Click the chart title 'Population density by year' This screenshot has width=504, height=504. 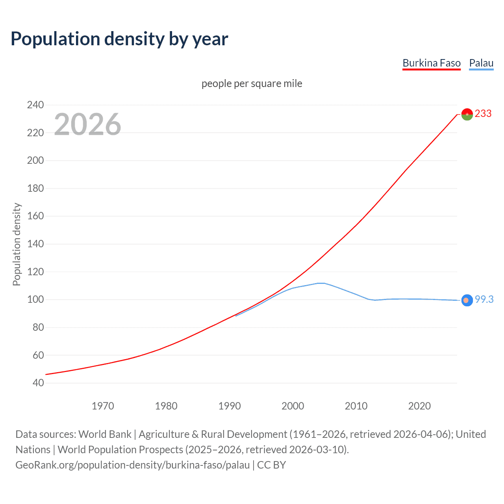point(119,39)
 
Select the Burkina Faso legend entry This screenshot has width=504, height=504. point(431,63)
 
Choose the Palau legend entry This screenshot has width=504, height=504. point(481,63)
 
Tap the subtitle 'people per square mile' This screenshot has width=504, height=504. point(252,83)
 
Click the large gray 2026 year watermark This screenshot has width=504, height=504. point(87,124)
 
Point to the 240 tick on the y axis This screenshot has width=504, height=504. point(35,105)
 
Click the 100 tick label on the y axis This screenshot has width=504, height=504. point(35,300)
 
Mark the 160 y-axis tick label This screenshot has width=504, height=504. point(35,216)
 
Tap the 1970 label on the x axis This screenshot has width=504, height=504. point(103,406)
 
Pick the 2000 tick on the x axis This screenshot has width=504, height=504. point(293,406)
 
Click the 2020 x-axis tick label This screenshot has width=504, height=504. point(419,406)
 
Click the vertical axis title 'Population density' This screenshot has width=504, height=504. point(17,244)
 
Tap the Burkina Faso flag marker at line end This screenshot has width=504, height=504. point(467,114)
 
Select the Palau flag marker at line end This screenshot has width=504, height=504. point(467,300)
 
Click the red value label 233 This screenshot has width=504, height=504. point(483,114)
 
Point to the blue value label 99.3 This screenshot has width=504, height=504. point(484,300)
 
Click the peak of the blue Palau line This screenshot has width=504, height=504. point(321,283)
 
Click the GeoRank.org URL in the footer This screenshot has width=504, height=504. point(132,465)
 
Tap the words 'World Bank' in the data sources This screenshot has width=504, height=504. point(105,434)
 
